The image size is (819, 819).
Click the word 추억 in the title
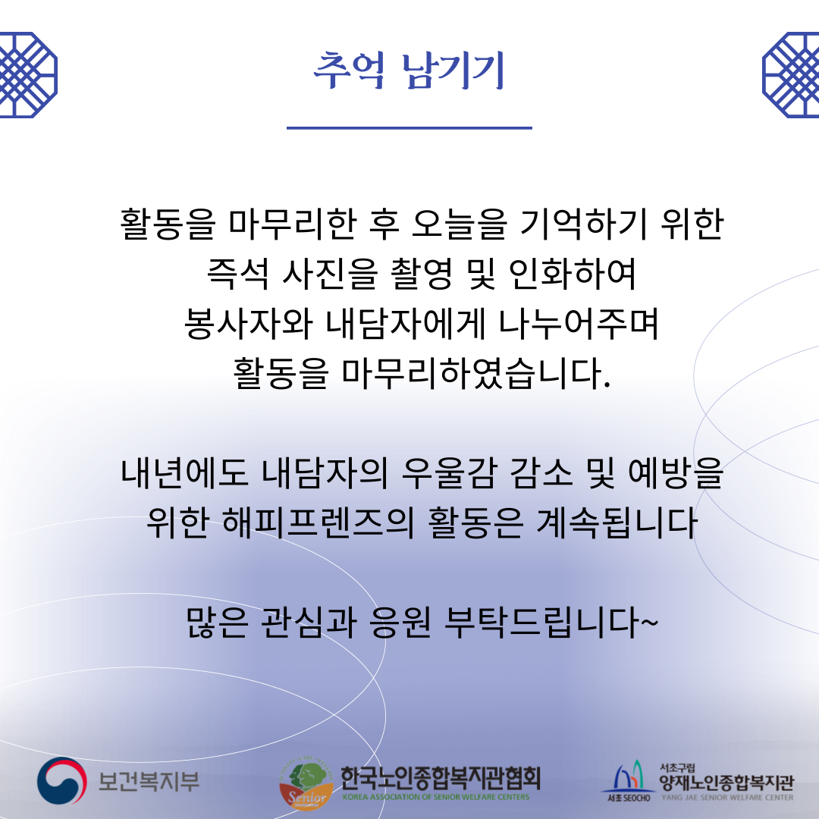(348, 70)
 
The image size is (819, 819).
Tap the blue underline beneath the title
(409, 127)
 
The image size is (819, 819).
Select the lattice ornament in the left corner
(28, 74)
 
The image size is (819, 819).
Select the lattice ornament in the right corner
(790, 74)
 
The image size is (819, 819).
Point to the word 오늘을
(459, 224)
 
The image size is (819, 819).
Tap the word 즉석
(237, 274)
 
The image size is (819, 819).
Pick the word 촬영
(422, 274)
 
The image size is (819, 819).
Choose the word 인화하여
(573, 274)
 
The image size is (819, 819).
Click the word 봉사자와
(249, 324)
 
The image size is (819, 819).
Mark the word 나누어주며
(579, 324)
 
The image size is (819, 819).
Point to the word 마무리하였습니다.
(475, 374)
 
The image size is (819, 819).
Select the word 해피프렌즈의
(318, 522)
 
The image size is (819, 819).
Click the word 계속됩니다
(617, 522)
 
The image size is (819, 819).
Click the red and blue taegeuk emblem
(61, 781)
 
